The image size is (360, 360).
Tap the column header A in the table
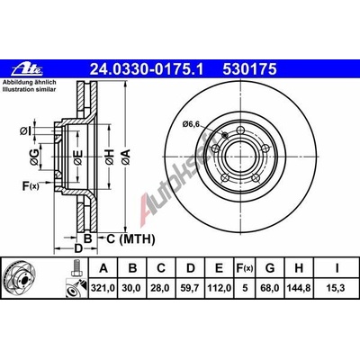(x=106, y=267)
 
